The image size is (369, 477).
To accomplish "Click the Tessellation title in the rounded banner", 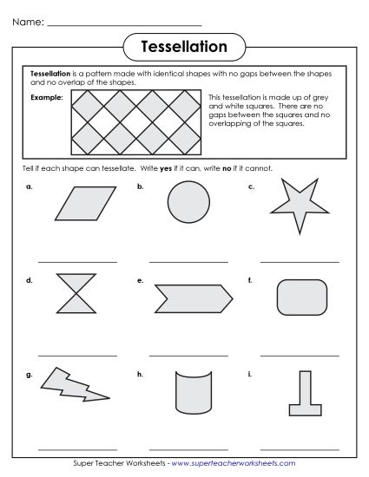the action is (x=184, y=45).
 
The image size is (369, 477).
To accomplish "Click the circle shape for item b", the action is (x=188, y=206).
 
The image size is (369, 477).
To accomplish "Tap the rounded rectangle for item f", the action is (x=300, y=297).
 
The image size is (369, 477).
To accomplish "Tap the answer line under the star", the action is (x=300, y=260).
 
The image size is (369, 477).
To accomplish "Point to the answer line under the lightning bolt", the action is (x=77, y=448).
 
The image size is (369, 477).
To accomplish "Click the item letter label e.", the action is (x=140, y=280).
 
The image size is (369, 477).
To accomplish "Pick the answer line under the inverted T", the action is (x=300, y=448).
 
